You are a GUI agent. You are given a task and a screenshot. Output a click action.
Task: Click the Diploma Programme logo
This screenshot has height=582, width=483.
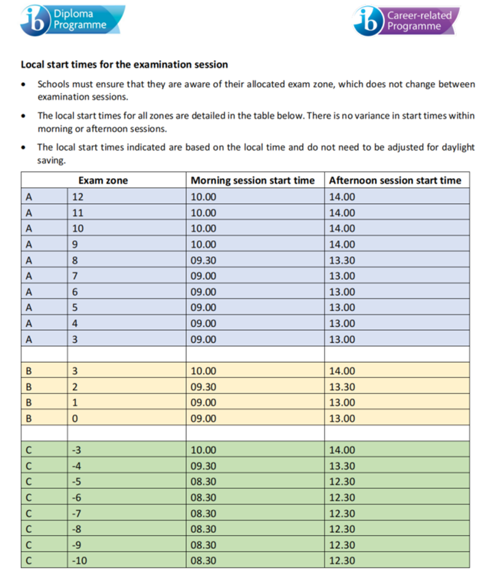(72, 20)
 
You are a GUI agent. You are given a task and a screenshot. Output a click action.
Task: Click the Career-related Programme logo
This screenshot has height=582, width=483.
(406, 21)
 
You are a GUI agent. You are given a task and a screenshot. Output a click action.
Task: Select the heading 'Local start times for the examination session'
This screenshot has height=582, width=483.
(124, 65)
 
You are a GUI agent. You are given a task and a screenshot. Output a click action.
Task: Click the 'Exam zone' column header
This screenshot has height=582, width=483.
(103, 180)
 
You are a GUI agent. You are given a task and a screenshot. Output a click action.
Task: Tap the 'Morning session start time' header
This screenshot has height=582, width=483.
(253, 180)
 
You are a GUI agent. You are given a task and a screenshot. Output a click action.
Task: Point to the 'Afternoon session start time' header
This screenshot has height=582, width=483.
(395, 180)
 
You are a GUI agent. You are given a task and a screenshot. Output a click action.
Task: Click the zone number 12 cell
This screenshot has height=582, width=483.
(78, 197)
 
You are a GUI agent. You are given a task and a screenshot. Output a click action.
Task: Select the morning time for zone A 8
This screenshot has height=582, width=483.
(203, 260)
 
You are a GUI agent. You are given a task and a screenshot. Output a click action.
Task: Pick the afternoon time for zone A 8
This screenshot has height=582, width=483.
(342, 260)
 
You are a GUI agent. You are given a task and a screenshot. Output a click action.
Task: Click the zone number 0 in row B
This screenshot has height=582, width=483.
(75, 418)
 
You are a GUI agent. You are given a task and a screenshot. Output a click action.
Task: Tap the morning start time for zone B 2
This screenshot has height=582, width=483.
(203, 387)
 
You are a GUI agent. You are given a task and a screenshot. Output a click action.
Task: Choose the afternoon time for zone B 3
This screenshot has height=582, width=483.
(342, 371)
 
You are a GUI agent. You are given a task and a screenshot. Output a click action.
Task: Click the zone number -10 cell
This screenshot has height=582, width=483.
(80, 560)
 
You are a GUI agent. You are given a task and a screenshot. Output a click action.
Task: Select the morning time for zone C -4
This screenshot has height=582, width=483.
(203, 466)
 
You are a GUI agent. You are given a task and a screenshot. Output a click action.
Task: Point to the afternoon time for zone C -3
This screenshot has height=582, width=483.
(342, 450)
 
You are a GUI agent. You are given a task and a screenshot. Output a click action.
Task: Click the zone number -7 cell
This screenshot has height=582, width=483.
(76, 513)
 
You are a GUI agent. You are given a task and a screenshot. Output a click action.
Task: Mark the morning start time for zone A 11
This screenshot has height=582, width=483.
(203, 213)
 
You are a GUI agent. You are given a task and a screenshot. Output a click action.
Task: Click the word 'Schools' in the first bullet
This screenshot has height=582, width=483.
(53, 84)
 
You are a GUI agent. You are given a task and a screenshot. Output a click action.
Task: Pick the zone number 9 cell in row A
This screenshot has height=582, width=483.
(75, 244)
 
